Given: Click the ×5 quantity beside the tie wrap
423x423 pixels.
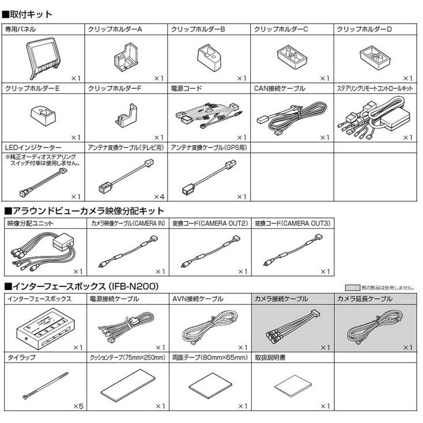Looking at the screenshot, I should [78, 406].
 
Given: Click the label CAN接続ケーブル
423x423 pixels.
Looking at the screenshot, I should [280, 89].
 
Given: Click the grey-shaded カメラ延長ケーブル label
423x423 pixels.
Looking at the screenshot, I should [365, 299].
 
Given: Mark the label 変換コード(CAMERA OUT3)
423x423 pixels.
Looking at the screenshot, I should [292, 222].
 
